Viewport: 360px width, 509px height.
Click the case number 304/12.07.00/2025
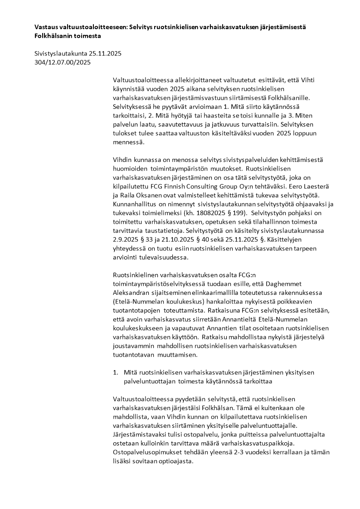click(x=63, y=62)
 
